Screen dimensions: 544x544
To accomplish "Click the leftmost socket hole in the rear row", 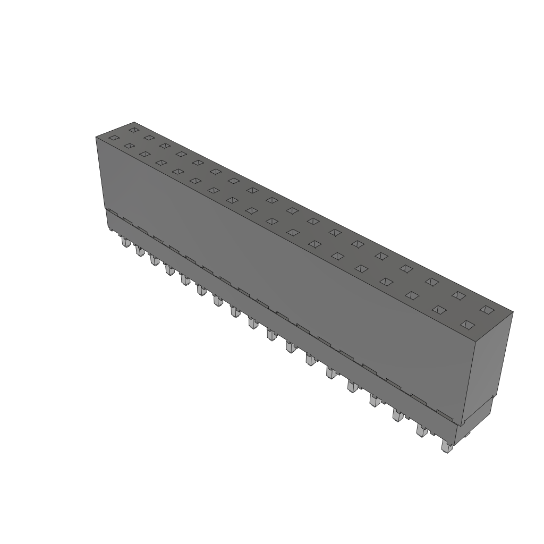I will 134,130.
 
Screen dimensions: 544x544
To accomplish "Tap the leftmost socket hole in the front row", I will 113,138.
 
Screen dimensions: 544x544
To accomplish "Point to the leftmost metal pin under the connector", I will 125,243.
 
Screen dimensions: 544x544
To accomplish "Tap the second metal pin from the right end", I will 422,430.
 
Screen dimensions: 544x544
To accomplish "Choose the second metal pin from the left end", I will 140,251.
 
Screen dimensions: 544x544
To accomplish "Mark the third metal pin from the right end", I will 398,415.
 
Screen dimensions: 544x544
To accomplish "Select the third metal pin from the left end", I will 155,260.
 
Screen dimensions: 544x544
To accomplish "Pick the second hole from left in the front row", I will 129,146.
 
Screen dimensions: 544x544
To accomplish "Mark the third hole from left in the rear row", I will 165,145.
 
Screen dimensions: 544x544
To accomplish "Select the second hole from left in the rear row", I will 149,138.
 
